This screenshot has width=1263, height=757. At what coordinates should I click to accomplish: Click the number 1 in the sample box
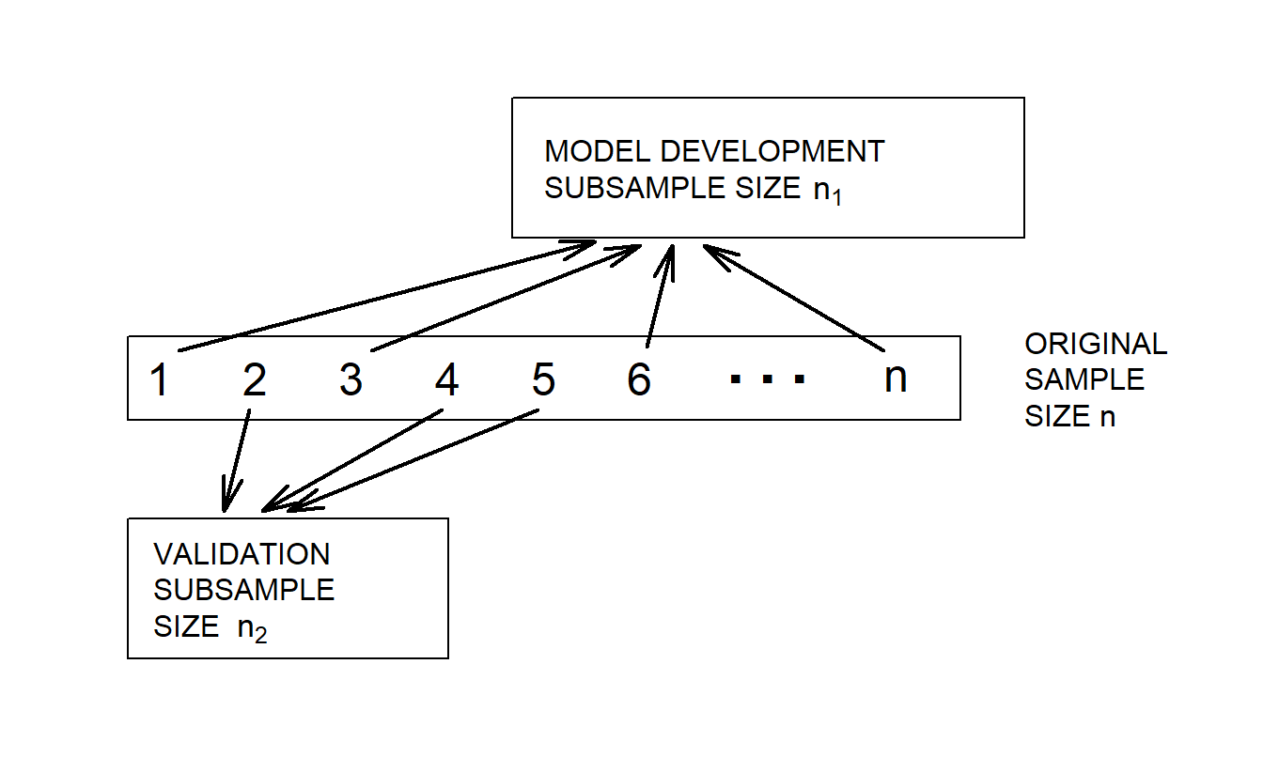160,380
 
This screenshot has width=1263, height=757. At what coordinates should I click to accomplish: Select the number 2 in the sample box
255,380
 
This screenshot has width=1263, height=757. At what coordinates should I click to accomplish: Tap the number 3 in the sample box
351,380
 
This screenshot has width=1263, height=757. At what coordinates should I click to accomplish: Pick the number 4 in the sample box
447,380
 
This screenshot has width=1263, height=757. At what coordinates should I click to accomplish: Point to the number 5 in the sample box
543,380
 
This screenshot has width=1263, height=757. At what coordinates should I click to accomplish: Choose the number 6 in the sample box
639,380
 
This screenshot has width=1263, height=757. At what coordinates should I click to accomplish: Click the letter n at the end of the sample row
896,378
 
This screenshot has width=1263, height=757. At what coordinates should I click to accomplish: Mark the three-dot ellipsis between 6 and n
767,380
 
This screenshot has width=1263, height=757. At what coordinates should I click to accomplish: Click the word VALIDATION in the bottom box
242,554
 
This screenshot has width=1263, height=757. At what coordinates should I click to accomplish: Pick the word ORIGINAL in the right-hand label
1096,344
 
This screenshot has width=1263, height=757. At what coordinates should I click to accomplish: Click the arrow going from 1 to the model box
385,296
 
